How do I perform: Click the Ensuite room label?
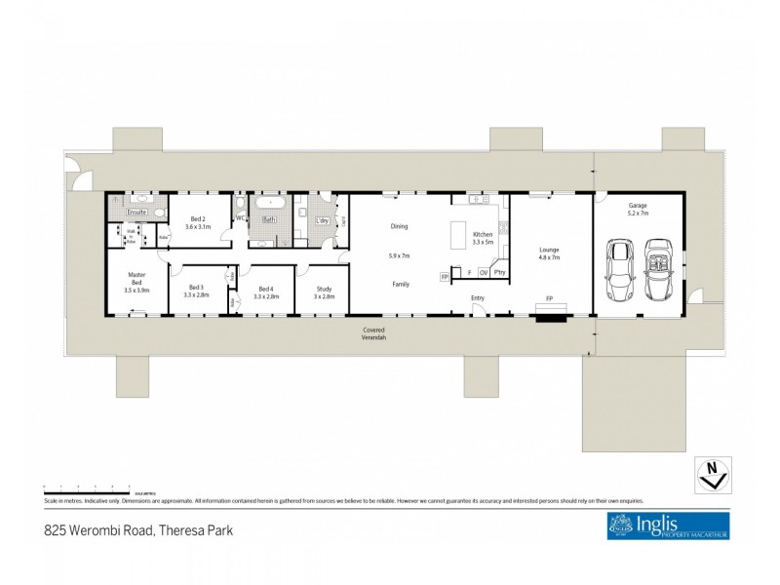(136, 212)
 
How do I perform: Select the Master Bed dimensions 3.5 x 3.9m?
(136, 291)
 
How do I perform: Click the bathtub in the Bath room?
(267, 205)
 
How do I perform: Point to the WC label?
(240, 218)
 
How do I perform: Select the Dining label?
(399, 226)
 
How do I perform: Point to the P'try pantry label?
(498, 273)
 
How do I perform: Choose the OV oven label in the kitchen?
(483, 273)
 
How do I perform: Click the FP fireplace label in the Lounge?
(550, 298)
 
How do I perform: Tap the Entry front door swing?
(477, 310)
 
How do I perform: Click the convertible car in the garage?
(658, 269)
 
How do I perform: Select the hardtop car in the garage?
(618, 270)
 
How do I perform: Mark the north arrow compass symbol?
(714, 473)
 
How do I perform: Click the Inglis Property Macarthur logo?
(668, 526)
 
